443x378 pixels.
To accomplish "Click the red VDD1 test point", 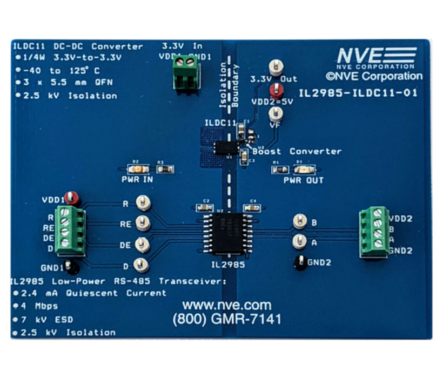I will (70, 197).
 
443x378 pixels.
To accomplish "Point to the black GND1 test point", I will (76, 266).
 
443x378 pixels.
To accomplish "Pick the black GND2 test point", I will (299, 263).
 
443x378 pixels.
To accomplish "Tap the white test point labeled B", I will (299, 220).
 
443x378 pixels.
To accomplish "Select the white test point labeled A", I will (299, 241).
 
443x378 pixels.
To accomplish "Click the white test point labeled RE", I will (143, 222).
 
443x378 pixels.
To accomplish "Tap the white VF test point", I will (276, 112).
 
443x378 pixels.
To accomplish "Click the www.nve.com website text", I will (226, 305).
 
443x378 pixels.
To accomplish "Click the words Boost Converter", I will (297, 152).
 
